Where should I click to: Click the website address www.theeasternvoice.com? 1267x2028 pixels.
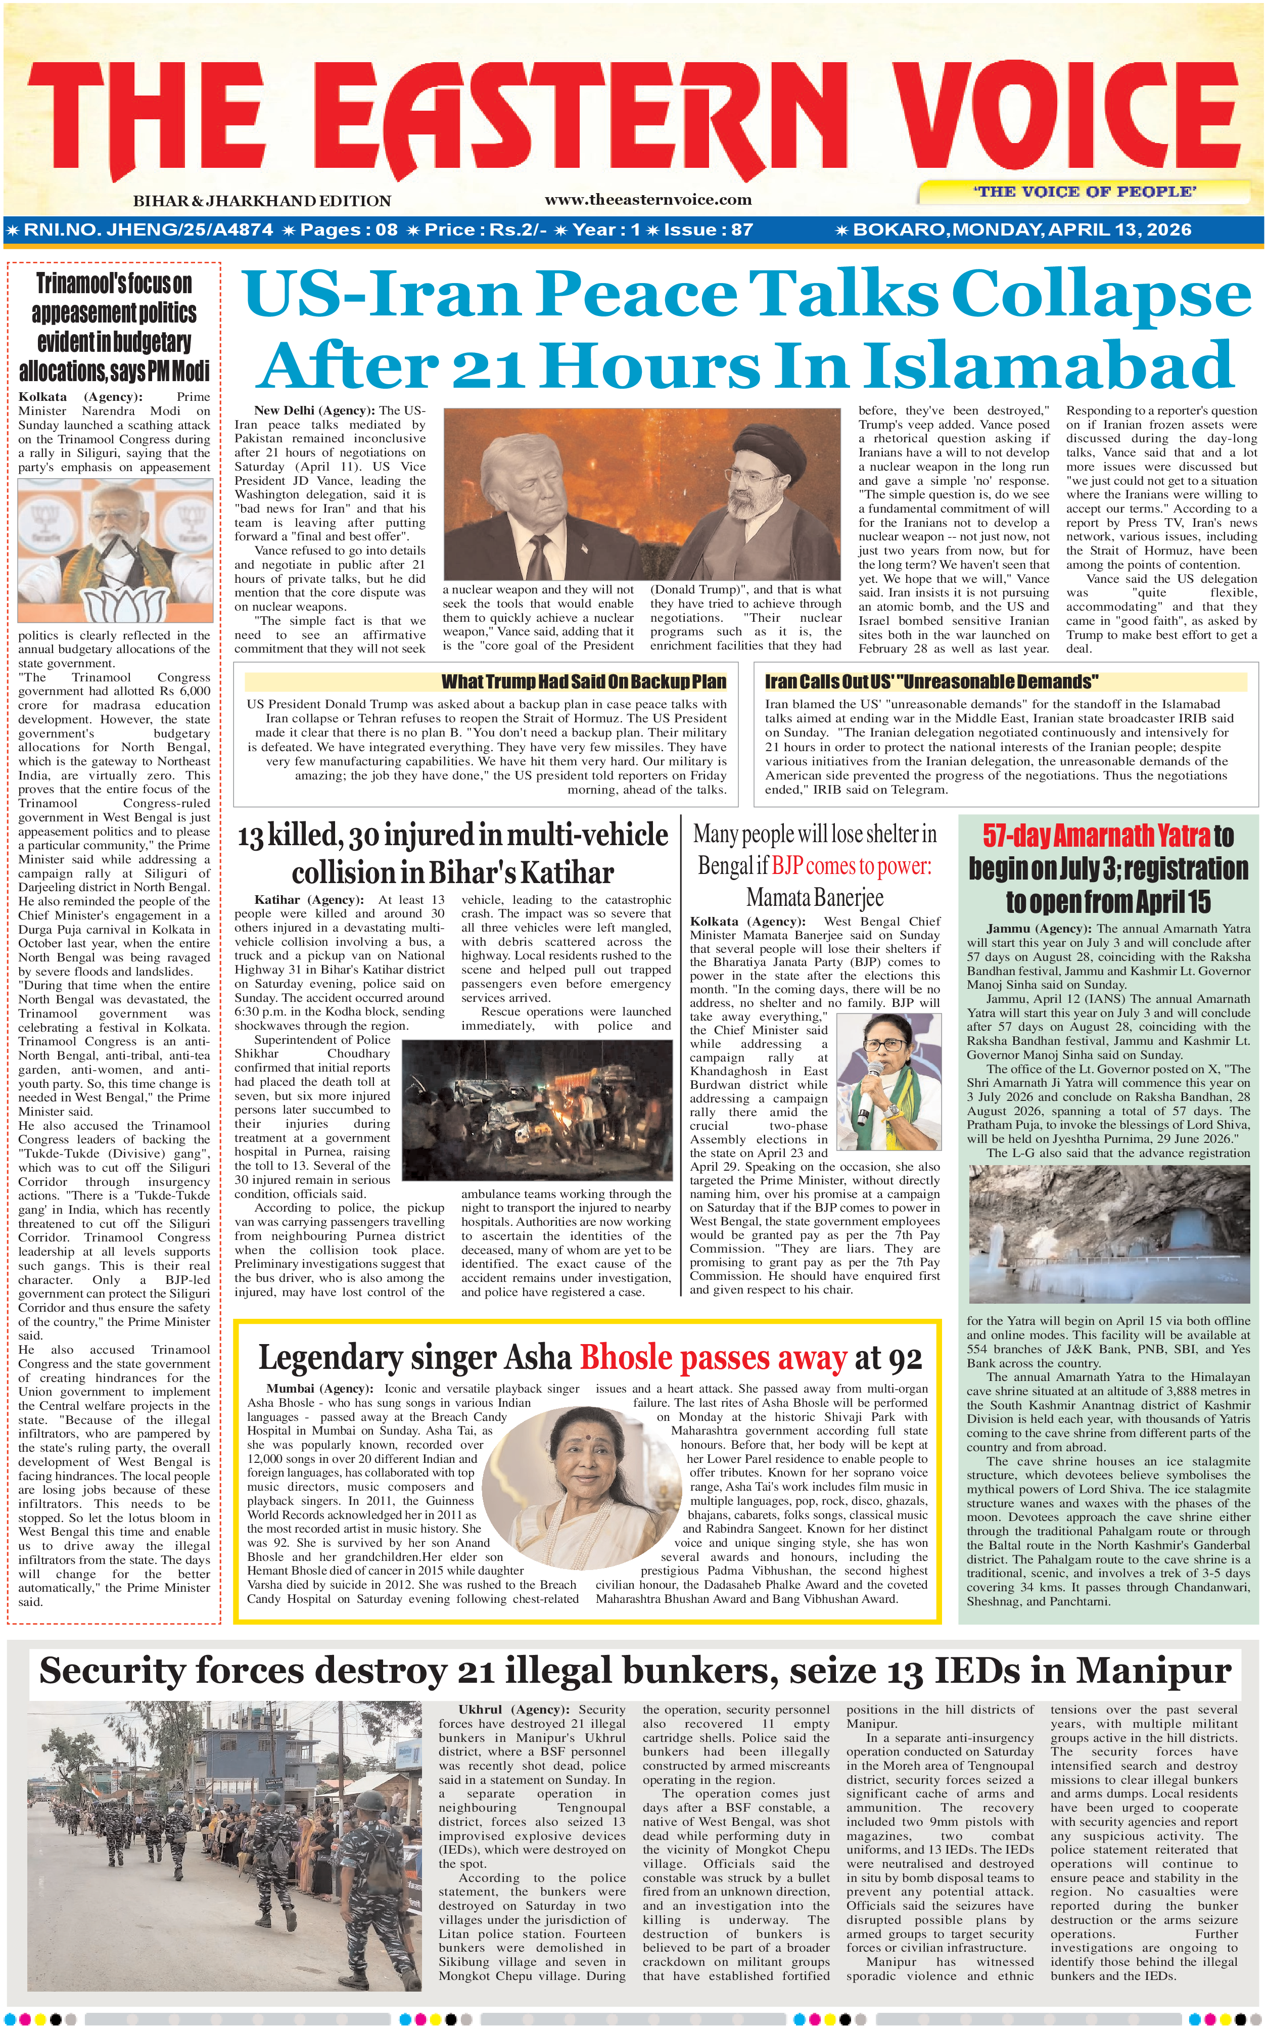coord(648,200)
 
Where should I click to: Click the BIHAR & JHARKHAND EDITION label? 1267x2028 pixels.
coord(261,201)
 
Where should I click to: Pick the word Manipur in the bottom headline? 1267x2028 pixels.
coord(1153,1671)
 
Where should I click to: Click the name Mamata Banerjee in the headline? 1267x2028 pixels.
coord(815,898)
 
